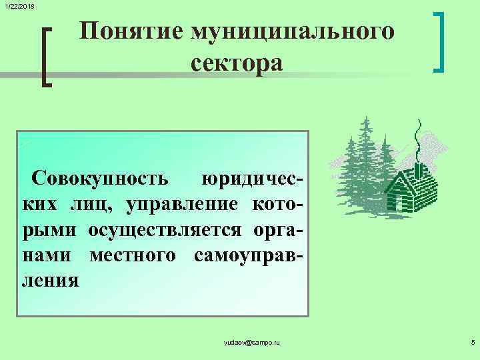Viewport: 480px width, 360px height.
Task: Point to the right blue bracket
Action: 439,42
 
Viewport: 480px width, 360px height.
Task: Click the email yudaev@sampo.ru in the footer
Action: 252,342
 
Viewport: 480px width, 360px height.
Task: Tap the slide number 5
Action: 472,342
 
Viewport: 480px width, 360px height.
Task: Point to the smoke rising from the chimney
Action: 418,140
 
